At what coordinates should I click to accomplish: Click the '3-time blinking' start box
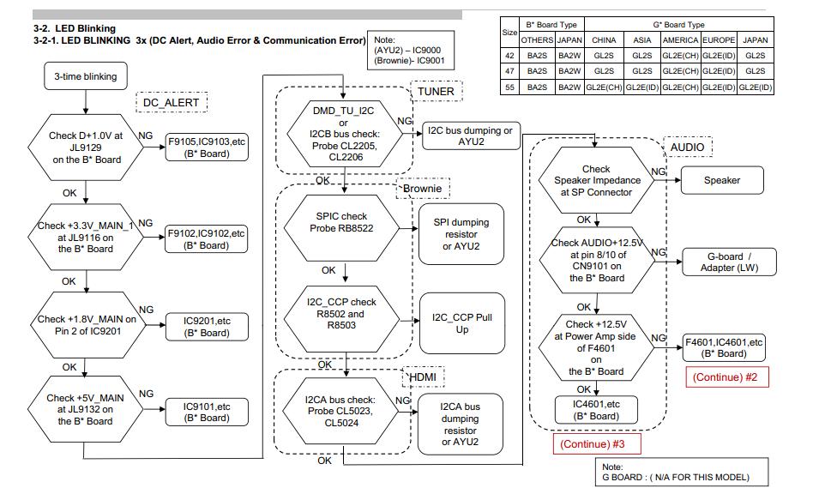point(85,76)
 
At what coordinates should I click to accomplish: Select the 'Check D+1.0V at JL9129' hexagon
point(85,148)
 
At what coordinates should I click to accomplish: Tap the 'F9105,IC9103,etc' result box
point(207,148)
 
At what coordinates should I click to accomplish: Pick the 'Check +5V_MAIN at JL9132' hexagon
point(85,409)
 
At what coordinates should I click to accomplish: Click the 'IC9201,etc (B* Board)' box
point(207,326)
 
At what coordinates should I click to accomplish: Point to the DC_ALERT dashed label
point(171,102)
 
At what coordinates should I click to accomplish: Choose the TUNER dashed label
point(436,91)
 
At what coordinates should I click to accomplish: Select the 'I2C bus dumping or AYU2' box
point(472,136)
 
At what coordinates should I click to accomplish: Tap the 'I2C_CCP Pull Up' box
point(462,323)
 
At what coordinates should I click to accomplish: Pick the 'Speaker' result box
point(721,180)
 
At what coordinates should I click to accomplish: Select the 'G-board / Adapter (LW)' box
point(728,262)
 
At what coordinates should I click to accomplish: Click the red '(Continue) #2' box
point(725,377)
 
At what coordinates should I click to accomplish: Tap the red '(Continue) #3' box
point(593,444)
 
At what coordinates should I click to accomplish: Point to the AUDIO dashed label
point(687,148)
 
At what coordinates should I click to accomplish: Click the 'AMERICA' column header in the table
point(680,39)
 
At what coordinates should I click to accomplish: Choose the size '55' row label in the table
point(509,87)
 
